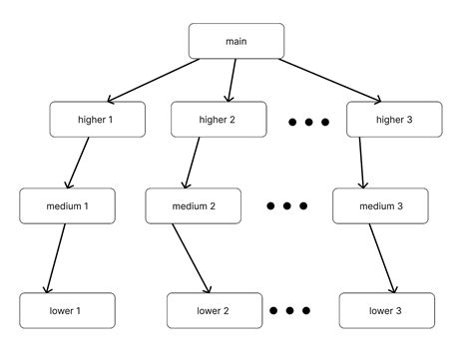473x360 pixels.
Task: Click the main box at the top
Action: tap(236, 41)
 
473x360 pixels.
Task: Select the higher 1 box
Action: tap(97, 120)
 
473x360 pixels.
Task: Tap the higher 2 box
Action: tap(219, 120)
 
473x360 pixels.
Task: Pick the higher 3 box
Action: tap(393, 120)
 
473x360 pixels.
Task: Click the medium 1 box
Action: tap(68, 205)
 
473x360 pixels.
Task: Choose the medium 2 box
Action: tap(194, 205)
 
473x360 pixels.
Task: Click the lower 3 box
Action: tap(387, 310)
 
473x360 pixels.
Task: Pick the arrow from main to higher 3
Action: tap(329, 80)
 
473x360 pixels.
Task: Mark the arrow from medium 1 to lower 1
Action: tap(56, 257)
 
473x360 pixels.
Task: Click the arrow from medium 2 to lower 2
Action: tap(191, 257)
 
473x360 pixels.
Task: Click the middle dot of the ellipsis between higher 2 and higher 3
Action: tap(308, 122)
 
